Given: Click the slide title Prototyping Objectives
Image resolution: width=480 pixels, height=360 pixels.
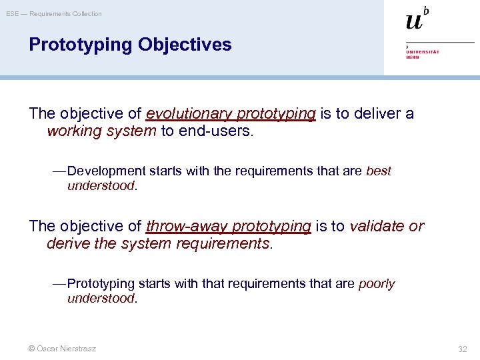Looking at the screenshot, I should click(130, 45).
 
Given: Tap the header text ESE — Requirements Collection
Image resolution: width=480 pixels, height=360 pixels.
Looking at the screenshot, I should click(54, 14).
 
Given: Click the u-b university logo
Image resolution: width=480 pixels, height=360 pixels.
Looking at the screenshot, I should click(417, 19).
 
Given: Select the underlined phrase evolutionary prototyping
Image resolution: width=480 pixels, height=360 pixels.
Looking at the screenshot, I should click(231, 114).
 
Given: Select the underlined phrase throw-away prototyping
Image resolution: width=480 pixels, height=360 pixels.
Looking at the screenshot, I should click(228, 227).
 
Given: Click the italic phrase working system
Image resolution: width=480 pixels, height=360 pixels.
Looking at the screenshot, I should click(101, 131).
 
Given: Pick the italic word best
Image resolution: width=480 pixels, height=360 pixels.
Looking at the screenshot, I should click(379, 171).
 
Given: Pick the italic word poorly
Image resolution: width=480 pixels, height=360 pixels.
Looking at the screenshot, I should click(377, 284).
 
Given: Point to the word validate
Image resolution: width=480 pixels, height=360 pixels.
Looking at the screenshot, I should click(377, 227).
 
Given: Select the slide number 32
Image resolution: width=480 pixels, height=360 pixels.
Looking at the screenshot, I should click(463, 349).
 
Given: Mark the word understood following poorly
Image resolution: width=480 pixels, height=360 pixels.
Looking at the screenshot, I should click(101, 299).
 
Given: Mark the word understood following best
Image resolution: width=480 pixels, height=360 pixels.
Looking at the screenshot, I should click(101, 186).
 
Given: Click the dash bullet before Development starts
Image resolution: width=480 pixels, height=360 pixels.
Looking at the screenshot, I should click(59, 171).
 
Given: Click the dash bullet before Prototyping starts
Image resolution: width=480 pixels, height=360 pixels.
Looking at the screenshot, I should click(59, 284).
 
